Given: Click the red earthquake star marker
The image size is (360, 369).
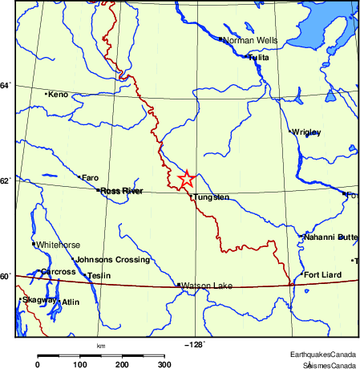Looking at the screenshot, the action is click(x=186, y=179).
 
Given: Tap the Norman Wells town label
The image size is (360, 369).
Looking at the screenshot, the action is click(x=249, y=39).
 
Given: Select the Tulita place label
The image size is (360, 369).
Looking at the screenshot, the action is click(x=258, y=58).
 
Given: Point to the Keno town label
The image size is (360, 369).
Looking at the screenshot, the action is click(x=59, y=95).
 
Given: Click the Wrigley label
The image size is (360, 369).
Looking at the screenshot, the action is click(x=307, y=132).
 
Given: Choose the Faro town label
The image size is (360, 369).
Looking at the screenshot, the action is click(x=90, y=177).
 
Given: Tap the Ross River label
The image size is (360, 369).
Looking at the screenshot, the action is click(x=121, y=191).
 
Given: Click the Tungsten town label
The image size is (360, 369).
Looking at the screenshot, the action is click(x=212, y=197).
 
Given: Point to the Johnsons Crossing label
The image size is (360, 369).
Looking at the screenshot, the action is click(x=112, y=260).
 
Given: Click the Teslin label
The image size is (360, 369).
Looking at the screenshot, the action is click(x=99, y=276).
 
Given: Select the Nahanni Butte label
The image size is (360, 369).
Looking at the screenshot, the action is click(x=330, y=237).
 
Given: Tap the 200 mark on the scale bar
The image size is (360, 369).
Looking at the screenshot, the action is click(x=122, y=364).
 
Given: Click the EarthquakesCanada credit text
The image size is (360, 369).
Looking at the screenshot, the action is click(x=323, y=354).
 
